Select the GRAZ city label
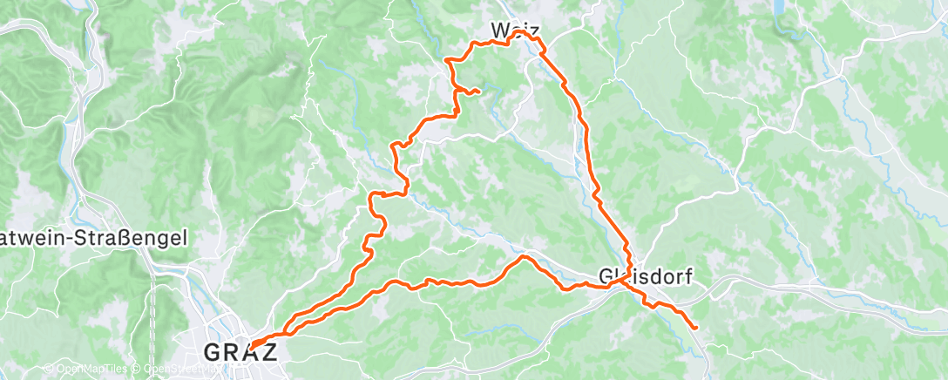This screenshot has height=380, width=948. [240, 352]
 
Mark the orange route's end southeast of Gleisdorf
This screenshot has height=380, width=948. [695, 328]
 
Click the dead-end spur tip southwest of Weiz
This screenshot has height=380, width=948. [479, 92]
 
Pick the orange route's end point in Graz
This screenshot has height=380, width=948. [253, 348]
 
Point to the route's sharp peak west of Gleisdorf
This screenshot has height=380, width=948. [523, 257]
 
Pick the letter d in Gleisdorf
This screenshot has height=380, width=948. [657, 276]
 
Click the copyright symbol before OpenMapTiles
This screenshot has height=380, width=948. [49, 369]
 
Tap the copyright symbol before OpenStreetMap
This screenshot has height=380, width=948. [137, 369]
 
